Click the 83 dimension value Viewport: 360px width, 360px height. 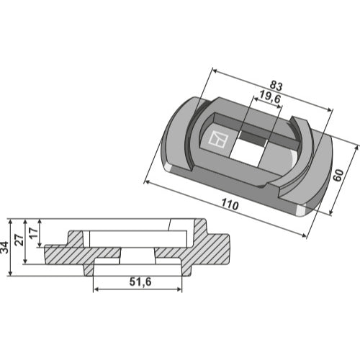pos(276,86)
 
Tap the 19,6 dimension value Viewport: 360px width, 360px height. pos(270,97)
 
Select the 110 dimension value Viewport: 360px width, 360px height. pos(230,204)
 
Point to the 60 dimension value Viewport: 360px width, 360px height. pos(338,175)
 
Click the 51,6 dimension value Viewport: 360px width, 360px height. pos(140,282)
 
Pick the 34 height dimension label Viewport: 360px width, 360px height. pos(4,248)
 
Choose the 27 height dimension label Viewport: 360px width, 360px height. pos(19,240)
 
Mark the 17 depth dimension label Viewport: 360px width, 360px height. pos(34,233)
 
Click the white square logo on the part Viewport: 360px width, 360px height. pos(218,139)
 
